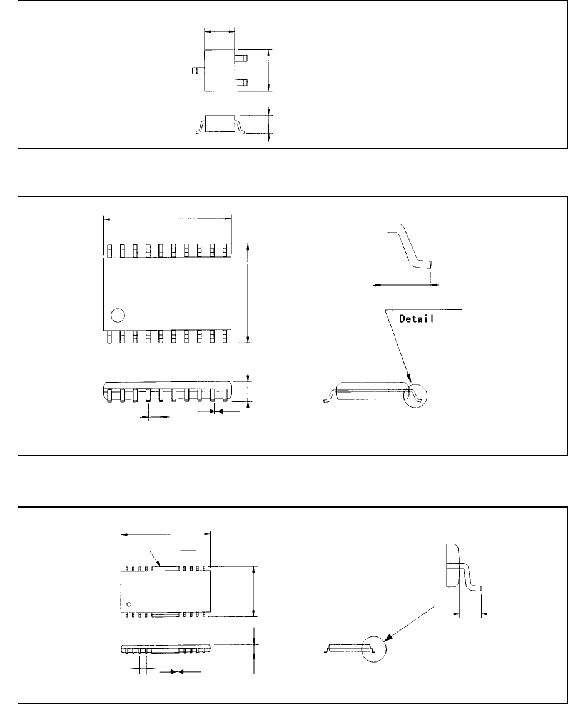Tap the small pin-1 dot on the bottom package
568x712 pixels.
pos(129,604)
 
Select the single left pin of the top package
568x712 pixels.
pos(198,71)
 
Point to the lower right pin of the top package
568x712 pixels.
pos(241,83)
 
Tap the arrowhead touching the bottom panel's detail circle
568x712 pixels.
pos(388,638)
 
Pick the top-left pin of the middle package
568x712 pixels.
pos(109,251)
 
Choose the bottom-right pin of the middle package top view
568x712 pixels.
pos(225,336)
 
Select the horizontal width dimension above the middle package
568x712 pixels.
pos(166,219)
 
